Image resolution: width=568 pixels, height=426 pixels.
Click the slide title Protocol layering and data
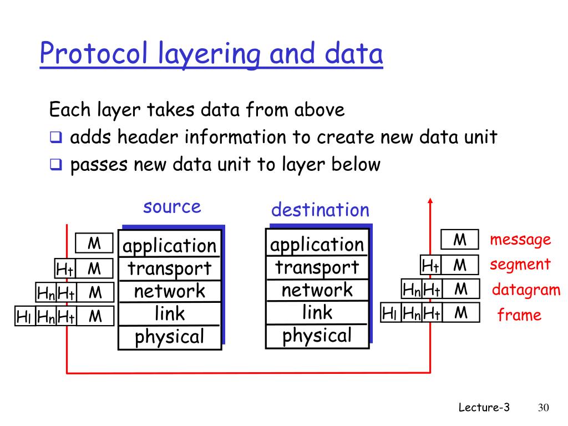click(211, 55)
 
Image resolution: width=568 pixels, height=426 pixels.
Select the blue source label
click(172, 207)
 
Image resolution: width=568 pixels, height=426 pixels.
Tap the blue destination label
click(320, 210)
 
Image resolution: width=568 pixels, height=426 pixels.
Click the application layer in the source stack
click(169, 246)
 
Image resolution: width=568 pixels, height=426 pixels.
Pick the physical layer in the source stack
click(169, 337)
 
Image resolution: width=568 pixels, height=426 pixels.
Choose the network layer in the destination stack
click(317, 290)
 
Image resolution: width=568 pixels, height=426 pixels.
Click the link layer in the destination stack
click(317, 313)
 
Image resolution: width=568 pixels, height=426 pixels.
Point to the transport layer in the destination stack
click(317, 267)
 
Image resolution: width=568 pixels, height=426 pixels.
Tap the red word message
click(520, 240)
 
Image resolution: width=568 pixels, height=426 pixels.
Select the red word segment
click(520, 265)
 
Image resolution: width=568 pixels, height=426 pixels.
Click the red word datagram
click(526, 290)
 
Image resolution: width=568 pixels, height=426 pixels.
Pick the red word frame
click(519, 316)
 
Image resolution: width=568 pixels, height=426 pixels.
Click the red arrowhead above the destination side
click(430, 201)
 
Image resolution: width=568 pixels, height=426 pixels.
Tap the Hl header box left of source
click(24, 317)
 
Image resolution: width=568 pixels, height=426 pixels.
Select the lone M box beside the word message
click(459, 240)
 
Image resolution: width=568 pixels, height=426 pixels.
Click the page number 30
click(543, 408)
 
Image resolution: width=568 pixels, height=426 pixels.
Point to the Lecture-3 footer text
click(484, 408)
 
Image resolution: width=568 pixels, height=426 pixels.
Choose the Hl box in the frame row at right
click(389, 313)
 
